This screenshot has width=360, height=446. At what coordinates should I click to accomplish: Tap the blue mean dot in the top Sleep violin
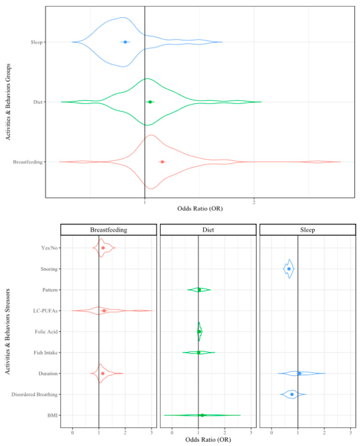tap(125, 42)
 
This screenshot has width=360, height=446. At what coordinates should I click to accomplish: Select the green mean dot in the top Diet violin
tap(150, 102)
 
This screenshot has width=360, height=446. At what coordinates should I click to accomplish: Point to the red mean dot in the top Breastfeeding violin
tap(162, 162)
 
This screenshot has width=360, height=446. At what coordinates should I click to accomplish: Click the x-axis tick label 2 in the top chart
tap(254, 203)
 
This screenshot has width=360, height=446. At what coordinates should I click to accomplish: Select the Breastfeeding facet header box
tap(108, 230)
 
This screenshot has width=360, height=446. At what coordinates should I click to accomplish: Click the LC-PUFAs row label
tap(47, 311)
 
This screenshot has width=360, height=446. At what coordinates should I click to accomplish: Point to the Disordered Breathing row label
tap(37, 395)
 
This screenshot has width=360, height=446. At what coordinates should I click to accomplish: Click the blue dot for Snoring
tap(289, 269)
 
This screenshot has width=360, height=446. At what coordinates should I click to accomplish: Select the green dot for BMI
tap(202, 415)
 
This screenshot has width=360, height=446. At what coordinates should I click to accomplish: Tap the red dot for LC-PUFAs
tap(104, 311)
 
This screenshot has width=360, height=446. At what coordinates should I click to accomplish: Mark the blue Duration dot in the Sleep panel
tap(299, 373)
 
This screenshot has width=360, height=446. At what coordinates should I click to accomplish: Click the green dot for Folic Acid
tap(199, 331)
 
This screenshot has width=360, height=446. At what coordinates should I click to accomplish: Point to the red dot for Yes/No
tap(103, 248)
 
